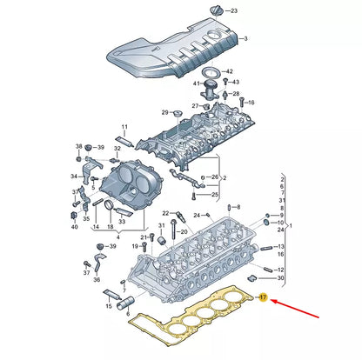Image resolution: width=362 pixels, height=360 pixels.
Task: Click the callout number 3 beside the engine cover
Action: [x=245, y=40]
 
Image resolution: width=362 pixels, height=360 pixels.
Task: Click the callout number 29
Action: [x=164, y=113]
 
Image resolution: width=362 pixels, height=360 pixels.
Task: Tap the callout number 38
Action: [x=79, y=146]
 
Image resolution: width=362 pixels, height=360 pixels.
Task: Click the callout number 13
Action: [x=279, y=247]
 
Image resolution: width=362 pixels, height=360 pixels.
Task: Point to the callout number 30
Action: [x=280, y=278]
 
